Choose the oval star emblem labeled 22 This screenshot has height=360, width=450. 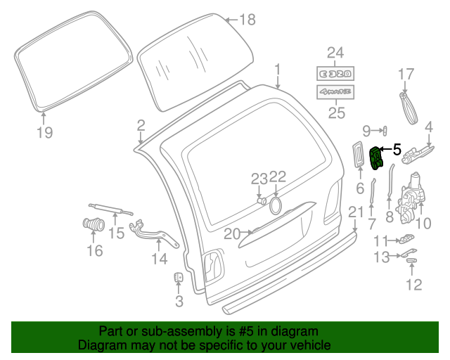click(x=276, y=205)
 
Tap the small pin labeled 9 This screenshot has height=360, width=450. click(x=385, y=130)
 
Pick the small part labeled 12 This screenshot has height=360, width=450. click(x=412, y=261)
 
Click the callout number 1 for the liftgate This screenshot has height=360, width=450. click(x=278, y=69)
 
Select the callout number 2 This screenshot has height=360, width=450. click(x=141, y=126)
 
